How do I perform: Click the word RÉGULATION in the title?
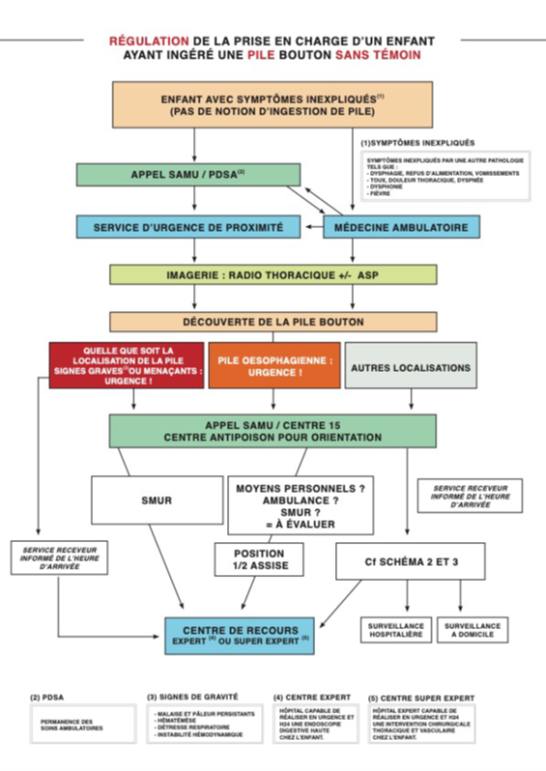tap(149, 42)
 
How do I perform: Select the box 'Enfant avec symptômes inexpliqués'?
tap(272, 104)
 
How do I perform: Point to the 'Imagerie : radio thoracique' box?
tap(273, 275)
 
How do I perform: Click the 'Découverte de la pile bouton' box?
tap(273, 322)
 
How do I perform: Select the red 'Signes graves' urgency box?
tap(126, 364)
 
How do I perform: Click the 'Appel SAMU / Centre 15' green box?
tap(273, 430)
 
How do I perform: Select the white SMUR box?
tap(155, 500)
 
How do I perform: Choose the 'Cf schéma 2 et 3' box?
tap(410, 560)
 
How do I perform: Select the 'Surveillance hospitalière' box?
tap(396, 631)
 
